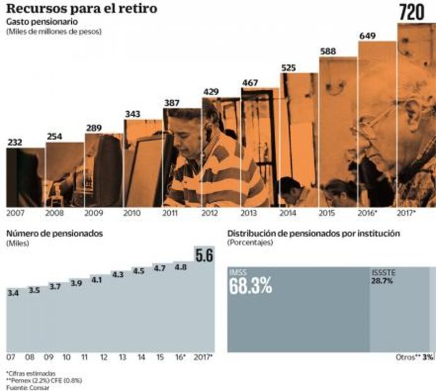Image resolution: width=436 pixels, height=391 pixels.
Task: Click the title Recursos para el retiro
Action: click(x=81, y=9)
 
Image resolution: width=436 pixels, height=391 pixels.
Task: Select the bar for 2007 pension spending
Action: click(x=25, y=177)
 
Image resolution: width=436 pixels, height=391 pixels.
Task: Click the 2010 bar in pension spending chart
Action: click(x=143, y=163)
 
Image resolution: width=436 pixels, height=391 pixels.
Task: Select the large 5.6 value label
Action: click(x=202, y=255)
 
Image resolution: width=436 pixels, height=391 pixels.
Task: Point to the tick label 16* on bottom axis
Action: click(x=180, y=358)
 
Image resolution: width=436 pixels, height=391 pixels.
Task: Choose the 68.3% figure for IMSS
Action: click(x=250, y=285)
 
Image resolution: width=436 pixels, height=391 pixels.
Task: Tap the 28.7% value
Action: click(x=382, y=281)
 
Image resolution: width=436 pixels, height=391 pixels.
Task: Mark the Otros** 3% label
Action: click(x=415, y=357)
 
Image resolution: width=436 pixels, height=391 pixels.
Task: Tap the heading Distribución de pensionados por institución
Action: click(x=313, y=233)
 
